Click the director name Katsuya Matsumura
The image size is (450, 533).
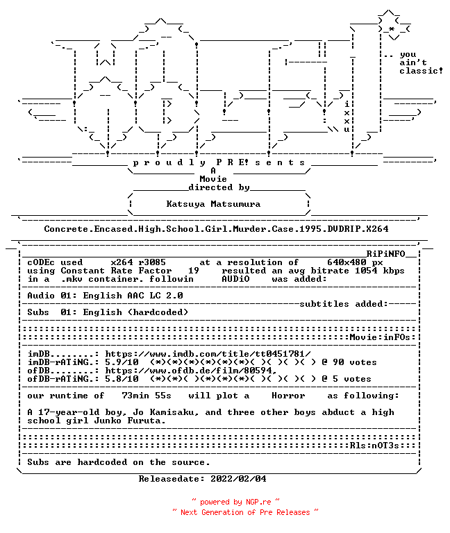tap(213, 204)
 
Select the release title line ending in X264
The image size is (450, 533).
tap(216, 229)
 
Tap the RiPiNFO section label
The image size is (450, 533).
tap(385, 254)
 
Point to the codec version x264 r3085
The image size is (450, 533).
tap(138, 262)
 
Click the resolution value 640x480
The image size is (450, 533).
tap(347, 262)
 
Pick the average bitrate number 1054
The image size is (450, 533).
tap(366, 271)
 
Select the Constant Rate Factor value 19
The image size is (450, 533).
tap(194, 271)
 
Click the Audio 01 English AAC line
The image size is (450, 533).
tap(105, 296)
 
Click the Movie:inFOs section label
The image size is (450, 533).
tap(380, 337)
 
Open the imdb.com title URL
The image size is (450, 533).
tap(208, 354)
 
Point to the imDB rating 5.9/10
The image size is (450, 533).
tap(122, 362)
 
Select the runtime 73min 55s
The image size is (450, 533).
tap(147, 396)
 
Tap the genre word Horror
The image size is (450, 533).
tap(288, 396)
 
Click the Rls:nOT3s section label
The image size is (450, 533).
tap(374, 446)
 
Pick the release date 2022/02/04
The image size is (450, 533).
tap(238, 479)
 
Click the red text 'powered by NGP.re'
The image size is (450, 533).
tap(235, 502)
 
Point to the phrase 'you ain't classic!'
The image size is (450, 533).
tap(421, 63)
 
